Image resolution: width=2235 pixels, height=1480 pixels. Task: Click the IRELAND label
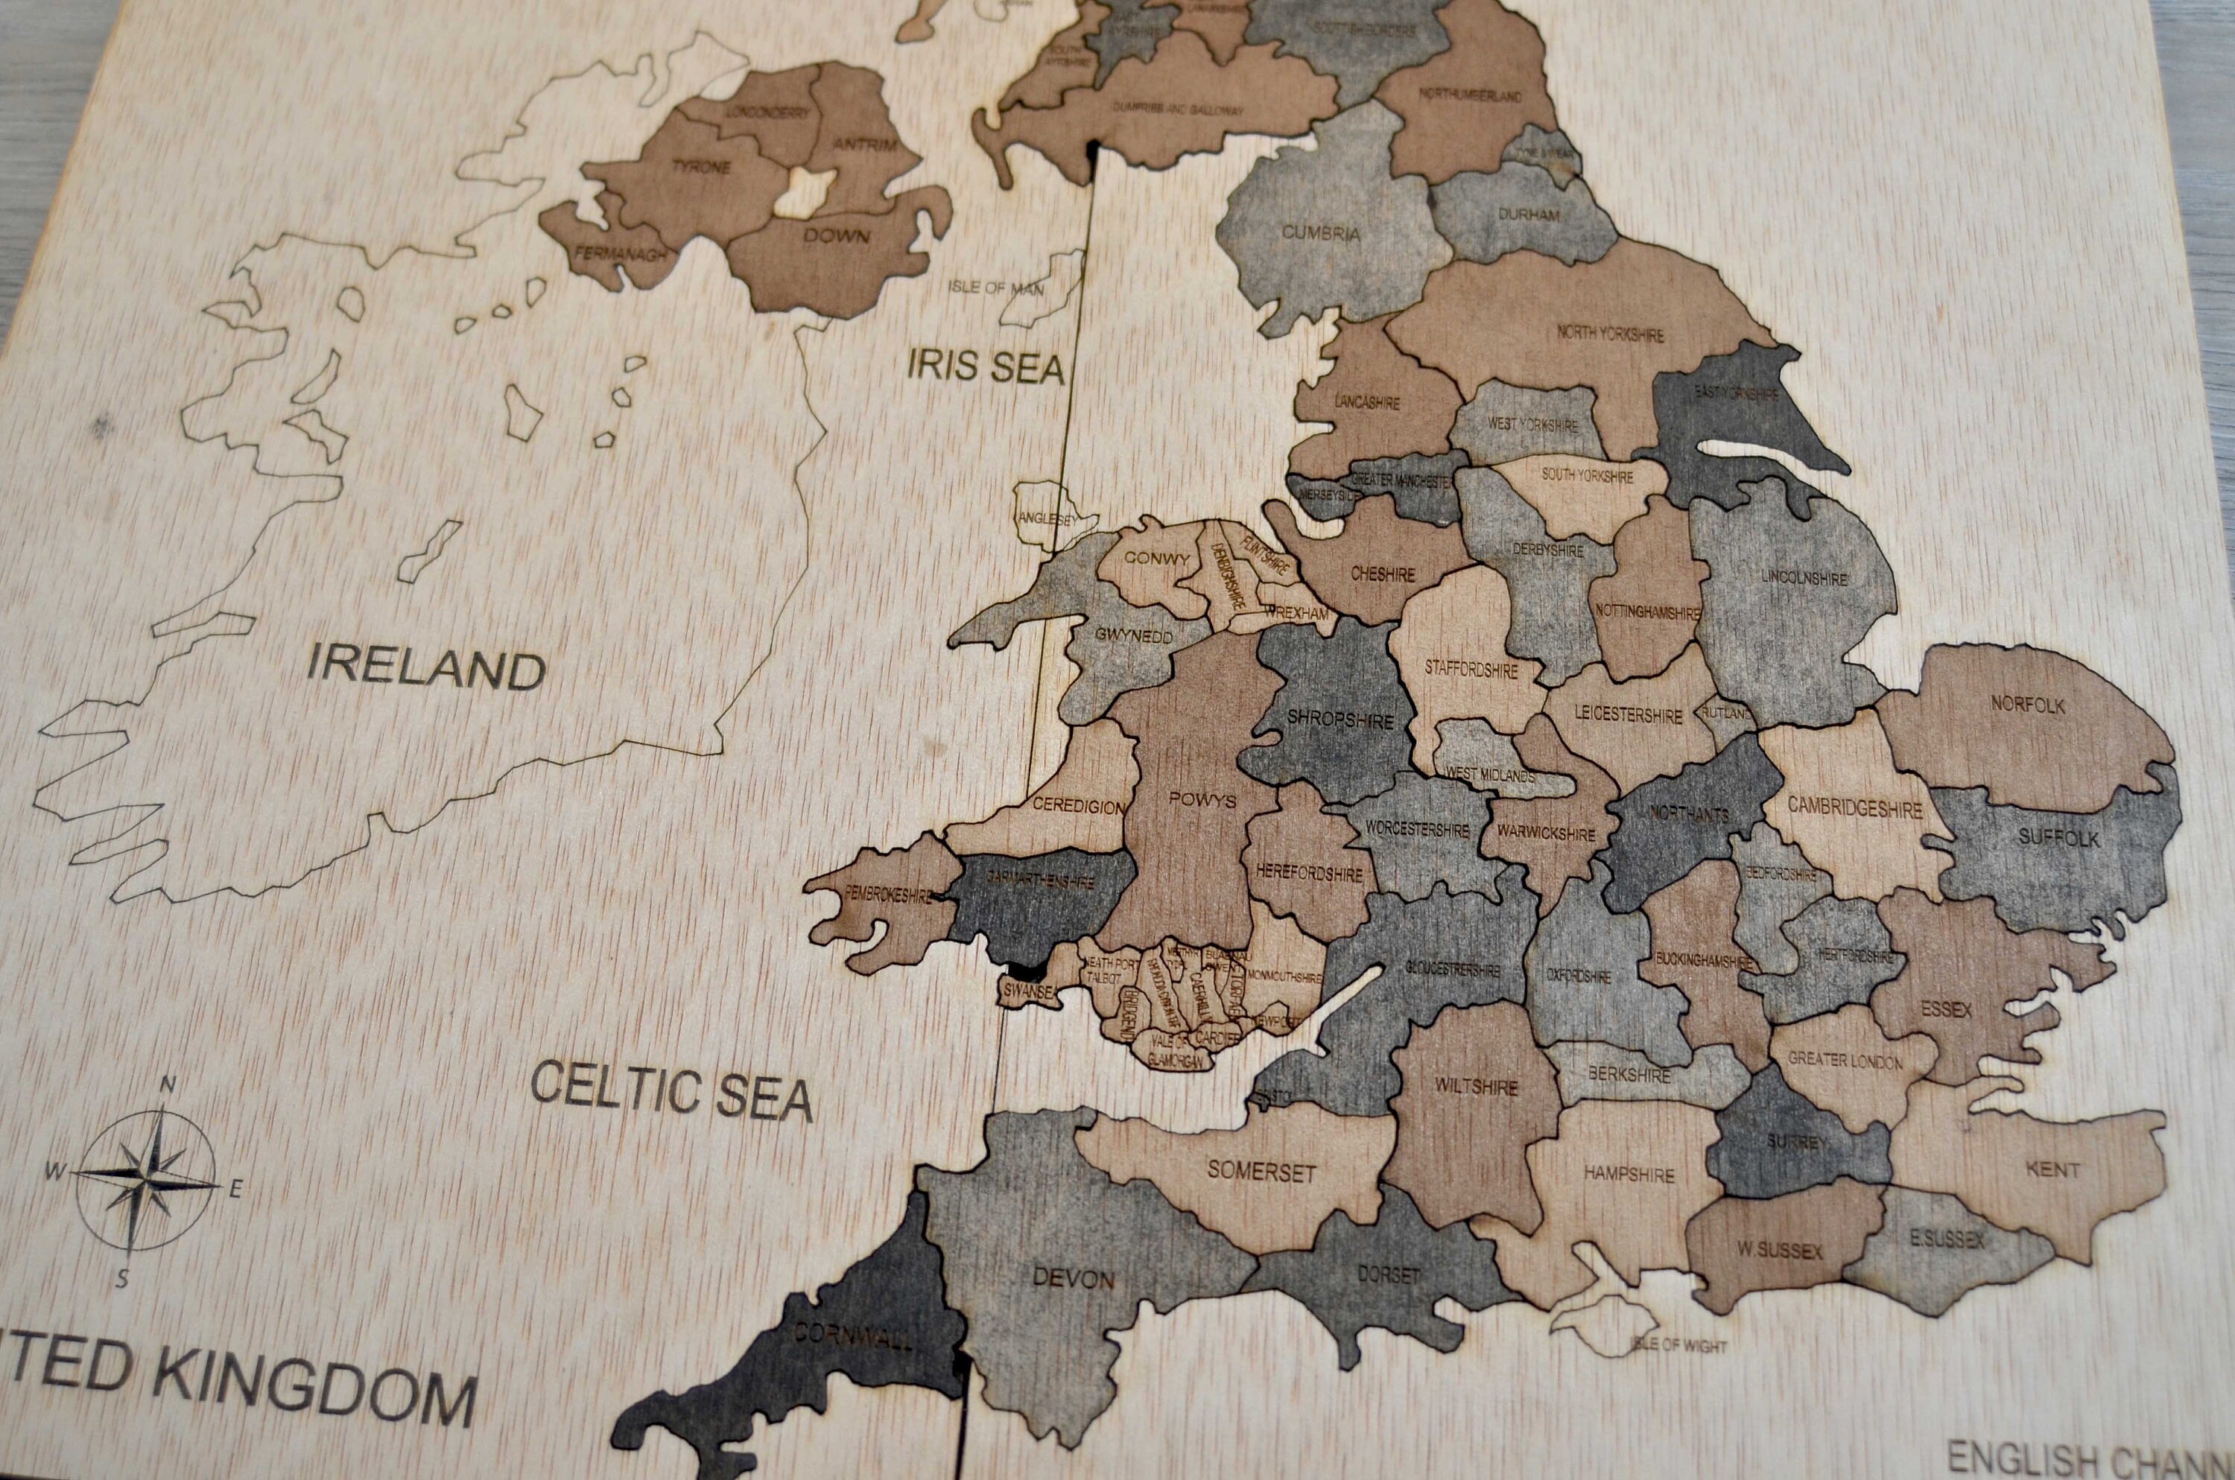coord(427,667)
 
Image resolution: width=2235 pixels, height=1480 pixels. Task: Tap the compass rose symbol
coord(145,1179)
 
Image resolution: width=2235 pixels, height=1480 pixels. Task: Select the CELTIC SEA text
coord(671,1090)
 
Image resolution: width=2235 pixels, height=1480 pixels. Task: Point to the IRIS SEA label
coord(986,366)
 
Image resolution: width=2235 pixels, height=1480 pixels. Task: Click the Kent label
coord(2052,1169)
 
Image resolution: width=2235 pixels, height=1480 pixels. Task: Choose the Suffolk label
coord(2058,837)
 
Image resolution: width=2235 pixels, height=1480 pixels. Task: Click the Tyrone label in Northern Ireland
coord(700,167)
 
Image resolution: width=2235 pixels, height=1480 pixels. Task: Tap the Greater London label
coord(1845,1061)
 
